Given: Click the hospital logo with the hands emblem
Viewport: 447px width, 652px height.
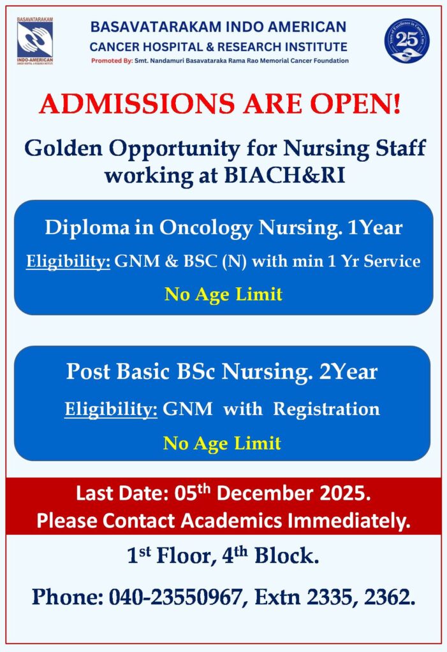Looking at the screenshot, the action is click(x=35, y=41).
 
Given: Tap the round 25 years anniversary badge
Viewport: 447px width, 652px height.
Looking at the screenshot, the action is click(x=407, y=41).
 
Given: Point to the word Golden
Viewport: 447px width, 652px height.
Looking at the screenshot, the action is click(x=63, y=148).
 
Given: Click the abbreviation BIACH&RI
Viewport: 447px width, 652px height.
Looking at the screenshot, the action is click(x=285, y=175).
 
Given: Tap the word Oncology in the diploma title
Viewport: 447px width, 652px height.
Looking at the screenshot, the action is click(x=206, y=229).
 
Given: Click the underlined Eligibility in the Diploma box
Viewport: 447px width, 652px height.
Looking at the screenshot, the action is click(x=68, y=262).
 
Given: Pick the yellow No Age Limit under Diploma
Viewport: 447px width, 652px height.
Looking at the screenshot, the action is click(x=224, y=294).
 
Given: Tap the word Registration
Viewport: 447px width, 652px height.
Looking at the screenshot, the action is click(x=326, y=409).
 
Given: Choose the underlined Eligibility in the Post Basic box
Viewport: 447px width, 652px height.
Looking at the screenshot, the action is click(x=111, y=409).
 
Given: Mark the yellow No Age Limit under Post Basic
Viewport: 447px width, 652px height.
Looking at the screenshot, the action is click(x=222, y=443).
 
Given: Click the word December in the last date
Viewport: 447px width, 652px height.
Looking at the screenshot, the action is click(x=265, y=493).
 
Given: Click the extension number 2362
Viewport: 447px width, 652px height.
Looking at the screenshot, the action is click(x=390, y=597).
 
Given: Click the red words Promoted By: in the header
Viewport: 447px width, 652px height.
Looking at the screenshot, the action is click(x=112, y=60).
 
